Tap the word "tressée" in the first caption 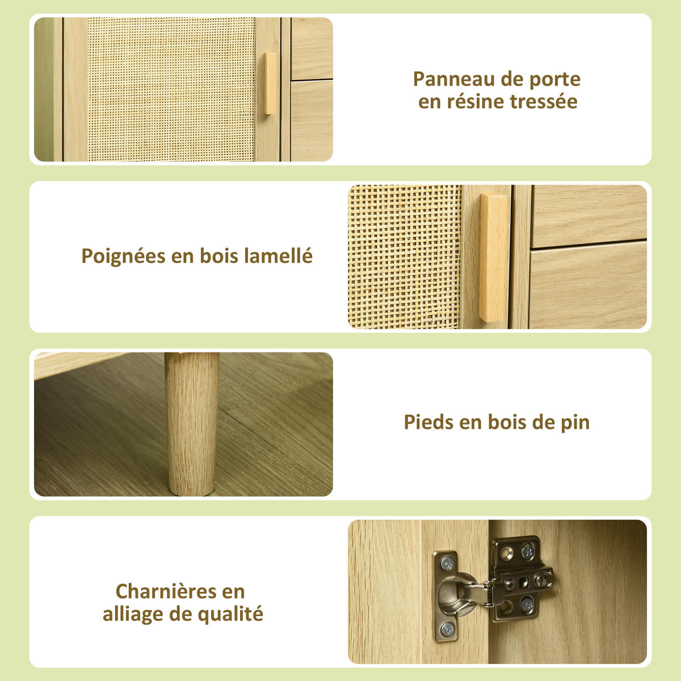[x=544, y=102]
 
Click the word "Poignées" [x=123, y=257]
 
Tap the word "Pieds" [x=428, y=422]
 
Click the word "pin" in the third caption [x=575, y=423]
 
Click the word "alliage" [x=133, y=614]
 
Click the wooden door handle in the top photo [x=271, y=84]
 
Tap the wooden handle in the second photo [x=494, y=258]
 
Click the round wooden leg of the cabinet [x=192, y=423]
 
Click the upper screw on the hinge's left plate [x=447, y=564]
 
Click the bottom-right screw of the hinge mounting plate [x=527, y=604]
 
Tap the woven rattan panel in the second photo [x=405, y=257]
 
